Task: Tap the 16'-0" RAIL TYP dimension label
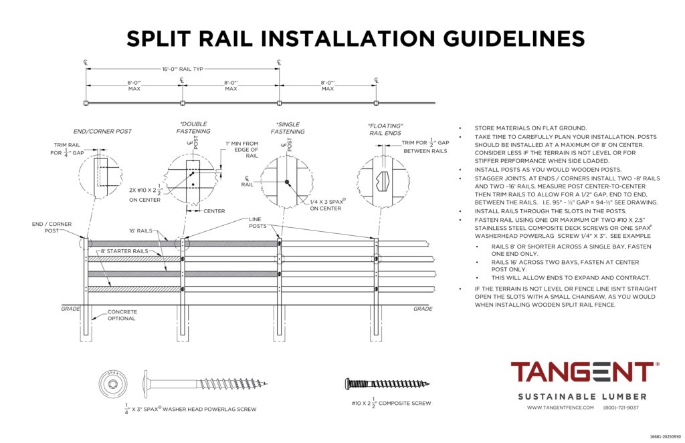tap(182, 69)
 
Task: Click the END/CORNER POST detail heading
tap(102, 131)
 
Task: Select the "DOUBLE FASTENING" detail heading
tap(193, 128)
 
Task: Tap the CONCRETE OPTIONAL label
tap(121, 315)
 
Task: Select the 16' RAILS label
tap(141, 230)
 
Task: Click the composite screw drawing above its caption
tap(387, 384)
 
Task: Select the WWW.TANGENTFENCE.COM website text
tap(561, 408)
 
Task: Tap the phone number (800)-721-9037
tap(621, 408)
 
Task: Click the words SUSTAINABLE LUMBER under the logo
tap(583, 396)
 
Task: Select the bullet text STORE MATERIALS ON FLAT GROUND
tap(530, 128)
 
